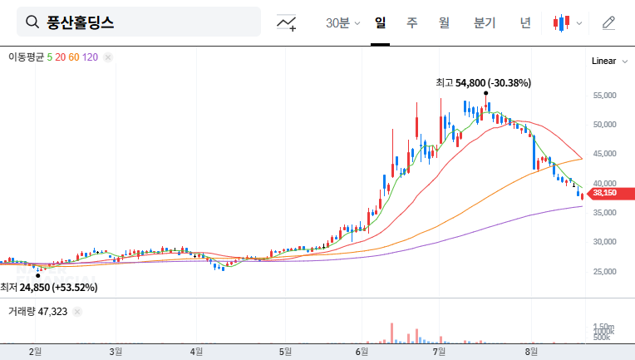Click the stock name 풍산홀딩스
(x=81, y=22)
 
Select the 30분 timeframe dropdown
(x=342, y=23)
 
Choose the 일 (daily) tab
(x=380, y=22)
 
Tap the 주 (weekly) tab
(x=411, y=22)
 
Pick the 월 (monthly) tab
(x=444, y=22)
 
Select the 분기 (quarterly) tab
(x=484, y=22)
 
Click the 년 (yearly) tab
(x=525, y=22)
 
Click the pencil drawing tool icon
(x=608, y=22)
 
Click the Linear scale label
(x=603, y=62)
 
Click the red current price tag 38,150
(x=604, y=194)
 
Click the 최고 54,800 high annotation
(x=483, y=82)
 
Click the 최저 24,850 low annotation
(x=49, y=288)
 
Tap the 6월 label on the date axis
(x=362, y=351)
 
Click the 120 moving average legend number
(x=91, y=57)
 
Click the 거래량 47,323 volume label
(x=37, y=312)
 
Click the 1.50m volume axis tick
(x=603, y=326)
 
